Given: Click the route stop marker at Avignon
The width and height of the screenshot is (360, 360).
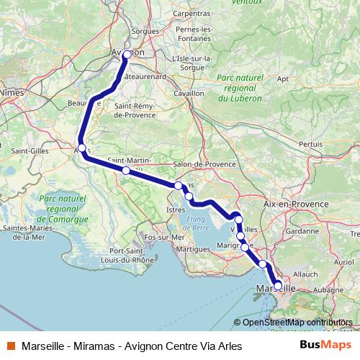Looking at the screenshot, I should (x=127, y=55).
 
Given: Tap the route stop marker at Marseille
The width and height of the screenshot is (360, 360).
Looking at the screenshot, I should (x=278, y=286).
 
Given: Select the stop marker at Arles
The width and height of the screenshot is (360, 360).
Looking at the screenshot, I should (x=82, y=148).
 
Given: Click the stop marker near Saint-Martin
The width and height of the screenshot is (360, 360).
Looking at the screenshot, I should (x=126, y=171).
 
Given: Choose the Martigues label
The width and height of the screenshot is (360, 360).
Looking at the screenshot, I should (x=194, y=248).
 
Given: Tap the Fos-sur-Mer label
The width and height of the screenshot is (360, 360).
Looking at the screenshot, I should (x=165, y=237).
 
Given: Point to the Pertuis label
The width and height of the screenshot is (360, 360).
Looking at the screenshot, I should (x=311, y=144).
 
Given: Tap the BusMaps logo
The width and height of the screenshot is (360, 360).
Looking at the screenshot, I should (x=321, y=345).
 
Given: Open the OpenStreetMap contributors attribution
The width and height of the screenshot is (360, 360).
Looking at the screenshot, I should (x=297, y=323).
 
